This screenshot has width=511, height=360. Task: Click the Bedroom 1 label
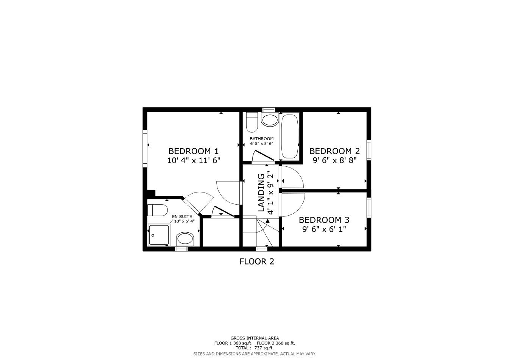(x=193, y=151)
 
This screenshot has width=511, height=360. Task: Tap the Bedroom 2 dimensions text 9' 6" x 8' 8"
(x=334, y=160)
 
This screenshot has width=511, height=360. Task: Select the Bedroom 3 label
(x=324, y=220)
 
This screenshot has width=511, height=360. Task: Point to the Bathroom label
(x=261, y=139)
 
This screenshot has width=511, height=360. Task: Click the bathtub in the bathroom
(x=289, y=136)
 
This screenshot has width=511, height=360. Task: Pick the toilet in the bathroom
(x=252, y=121)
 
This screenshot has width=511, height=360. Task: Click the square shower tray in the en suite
(x=158, y=235)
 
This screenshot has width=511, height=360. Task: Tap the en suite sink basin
(x=185, y=239)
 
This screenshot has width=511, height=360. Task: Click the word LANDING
(x=261, y=192)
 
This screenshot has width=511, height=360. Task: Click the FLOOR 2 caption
(x=256, y=261)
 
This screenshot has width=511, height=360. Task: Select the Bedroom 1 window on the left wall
(x=145, y=148)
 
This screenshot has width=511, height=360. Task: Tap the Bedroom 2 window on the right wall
(x=369, y=150)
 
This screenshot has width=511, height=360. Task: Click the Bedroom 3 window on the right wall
(x=369, y=207)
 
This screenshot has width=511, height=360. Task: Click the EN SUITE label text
(x=182, y=217)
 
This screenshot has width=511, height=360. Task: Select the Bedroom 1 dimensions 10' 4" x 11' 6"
(x=194, y=160)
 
